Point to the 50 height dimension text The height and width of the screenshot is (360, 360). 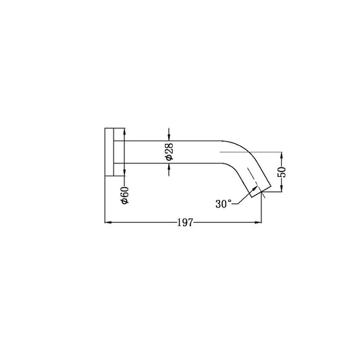283,171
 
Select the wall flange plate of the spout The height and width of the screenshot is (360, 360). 109,152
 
